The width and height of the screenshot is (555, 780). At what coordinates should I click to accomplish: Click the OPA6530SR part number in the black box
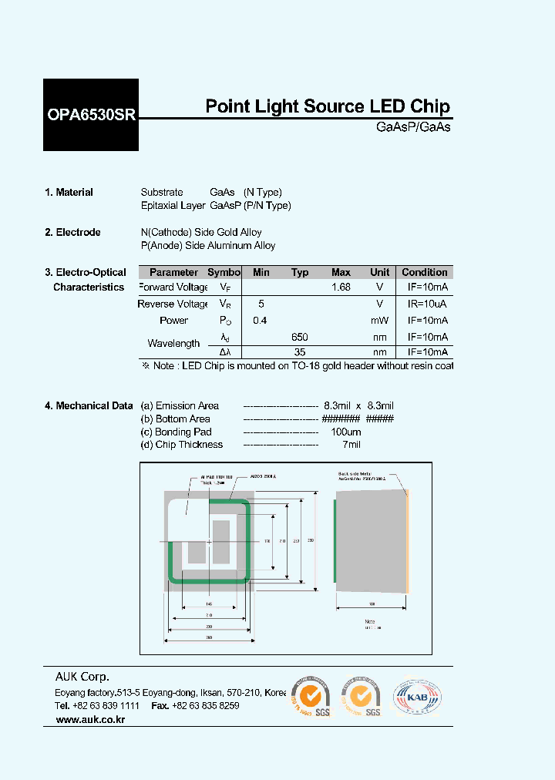[x=91, y=116]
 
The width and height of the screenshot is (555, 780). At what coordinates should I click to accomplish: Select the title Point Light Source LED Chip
[x=328, y=107]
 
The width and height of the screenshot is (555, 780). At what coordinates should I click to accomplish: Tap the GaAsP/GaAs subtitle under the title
[x=413, y=127]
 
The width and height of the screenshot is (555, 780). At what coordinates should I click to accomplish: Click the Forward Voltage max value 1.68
[x=341, y=287]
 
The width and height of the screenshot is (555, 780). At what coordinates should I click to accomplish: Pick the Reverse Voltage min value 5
[x=261, y=304]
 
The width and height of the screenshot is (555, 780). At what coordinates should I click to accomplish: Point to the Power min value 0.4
[x=261, y=320]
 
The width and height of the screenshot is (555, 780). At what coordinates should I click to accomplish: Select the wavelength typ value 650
[x=300, y=337]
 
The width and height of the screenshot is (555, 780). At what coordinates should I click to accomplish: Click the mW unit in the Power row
[x=379, y=320]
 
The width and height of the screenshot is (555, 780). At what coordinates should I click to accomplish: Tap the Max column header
[x=341, y=272]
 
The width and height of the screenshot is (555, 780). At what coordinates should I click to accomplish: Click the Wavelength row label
[x=173, y=344]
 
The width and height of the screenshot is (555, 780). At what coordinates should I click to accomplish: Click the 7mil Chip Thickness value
[x=351, y=445]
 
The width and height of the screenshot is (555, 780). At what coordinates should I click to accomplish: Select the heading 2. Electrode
[x=73, y=232]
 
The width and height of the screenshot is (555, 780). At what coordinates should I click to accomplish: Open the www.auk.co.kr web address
[x=90, y=720]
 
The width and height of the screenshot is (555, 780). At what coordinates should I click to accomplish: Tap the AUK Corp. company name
[x=82, y=677]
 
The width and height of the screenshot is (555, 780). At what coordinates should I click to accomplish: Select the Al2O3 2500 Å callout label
[x=264, y=478]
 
